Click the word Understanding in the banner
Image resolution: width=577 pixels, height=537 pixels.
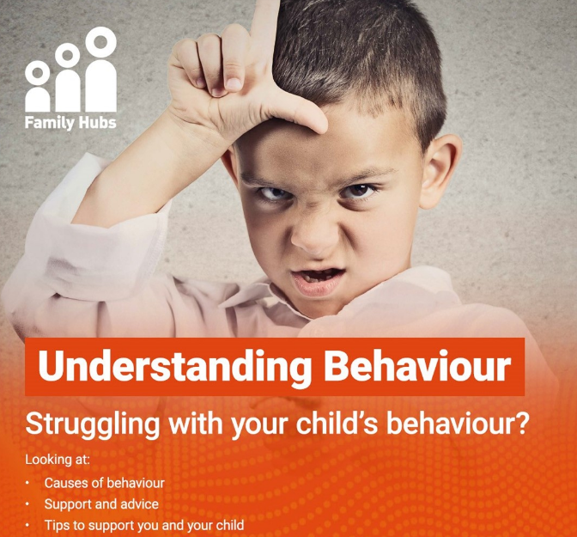174,367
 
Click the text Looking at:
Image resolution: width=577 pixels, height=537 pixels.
58,460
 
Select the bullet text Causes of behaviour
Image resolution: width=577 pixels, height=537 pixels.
105,483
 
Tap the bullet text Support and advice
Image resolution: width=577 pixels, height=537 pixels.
101,504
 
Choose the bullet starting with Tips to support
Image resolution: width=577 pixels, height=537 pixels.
144,526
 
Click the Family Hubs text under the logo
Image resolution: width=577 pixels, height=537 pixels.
70,123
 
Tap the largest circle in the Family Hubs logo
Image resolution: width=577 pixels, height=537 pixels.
101,42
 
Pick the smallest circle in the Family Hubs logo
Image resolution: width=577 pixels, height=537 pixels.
38,73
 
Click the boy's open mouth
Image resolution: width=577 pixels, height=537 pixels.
317,279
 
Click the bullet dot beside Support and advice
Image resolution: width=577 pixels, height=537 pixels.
27,504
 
